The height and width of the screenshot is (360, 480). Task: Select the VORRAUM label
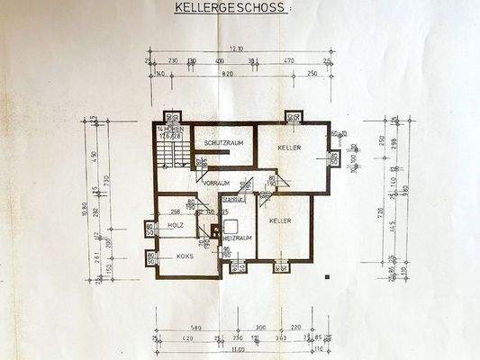click(x=217, y=183)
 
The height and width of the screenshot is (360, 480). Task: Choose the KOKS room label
click(x=186, y=256)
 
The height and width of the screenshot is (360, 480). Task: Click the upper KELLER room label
click(x=288, y=148)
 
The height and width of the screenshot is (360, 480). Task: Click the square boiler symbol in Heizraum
click(x=231, y=227)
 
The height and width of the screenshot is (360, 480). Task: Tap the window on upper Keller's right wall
click(x=334, y=159)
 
